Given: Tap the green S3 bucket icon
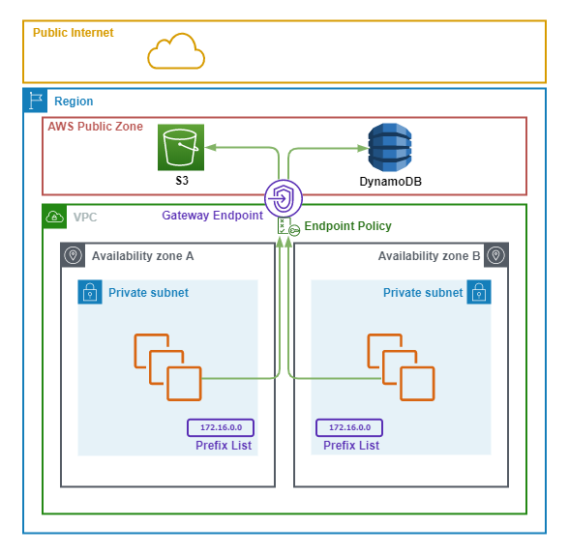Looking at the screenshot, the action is (181, 147).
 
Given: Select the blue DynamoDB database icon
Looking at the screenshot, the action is (390, 147).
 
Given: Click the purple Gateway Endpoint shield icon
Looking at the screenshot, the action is (283, 198).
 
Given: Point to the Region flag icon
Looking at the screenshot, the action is (35, 101).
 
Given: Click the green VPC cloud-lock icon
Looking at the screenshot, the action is (54, 217).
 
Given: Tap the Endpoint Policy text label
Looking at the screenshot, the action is (347, 226).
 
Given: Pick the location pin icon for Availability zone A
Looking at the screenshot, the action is (73, 255).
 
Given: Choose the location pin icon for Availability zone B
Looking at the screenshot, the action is (495, 255).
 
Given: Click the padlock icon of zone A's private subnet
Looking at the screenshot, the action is (90, 292).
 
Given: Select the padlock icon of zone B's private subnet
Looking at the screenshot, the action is (479, 292).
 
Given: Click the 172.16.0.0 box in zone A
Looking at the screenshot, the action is (221, 427).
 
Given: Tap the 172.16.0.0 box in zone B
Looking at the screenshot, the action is (349, 427).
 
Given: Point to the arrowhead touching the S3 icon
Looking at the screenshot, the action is (211, 147).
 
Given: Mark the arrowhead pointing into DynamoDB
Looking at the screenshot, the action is (363, 148).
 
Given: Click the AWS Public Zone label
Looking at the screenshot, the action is (96, 127).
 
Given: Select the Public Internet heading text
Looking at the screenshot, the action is (73, 33).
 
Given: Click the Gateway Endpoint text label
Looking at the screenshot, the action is (212, 216).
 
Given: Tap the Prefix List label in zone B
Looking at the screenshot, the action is (351, 446).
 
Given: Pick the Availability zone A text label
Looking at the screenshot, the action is (142, 256).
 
